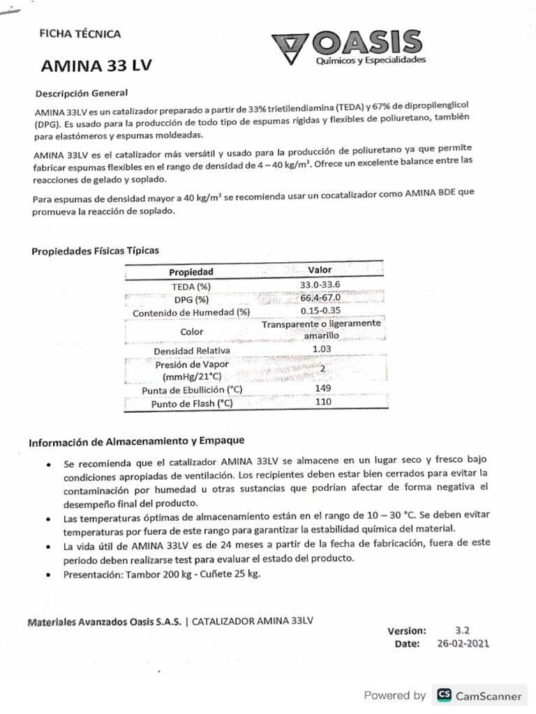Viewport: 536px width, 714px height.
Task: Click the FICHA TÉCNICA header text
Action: (81, 33)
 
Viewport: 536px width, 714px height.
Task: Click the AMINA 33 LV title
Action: (96, 66)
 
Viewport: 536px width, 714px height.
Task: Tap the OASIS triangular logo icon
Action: (292, 47)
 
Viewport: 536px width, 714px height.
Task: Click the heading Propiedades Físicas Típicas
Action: (95, 250)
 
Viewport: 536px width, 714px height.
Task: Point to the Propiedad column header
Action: (191, 272)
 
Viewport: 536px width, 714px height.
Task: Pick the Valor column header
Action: (320, 269)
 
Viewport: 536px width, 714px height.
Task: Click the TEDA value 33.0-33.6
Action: (320, 284)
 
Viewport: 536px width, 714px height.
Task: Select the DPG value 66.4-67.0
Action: (320, 298)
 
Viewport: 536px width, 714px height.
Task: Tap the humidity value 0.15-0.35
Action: (320, 311)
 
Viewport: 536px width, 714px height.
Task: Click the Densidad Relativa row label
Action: (191, 351)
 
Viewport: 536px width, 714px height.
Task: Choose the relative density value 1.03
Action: (321, 349)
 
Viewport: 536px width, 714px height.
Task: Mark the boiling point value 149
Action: (322, 388)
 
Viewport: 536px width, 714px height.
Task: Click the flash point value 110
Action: (322, 402)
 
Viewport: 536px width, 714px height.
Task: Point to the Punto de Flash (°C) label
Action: (191, 404)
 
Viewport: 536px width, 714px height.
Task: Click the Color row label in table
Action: (191, 332)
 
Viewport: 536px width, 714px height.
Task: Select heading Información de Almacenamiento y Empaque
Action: (136, 441)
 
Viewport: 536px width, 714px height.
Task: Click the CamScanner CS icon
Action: (443, 695)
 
